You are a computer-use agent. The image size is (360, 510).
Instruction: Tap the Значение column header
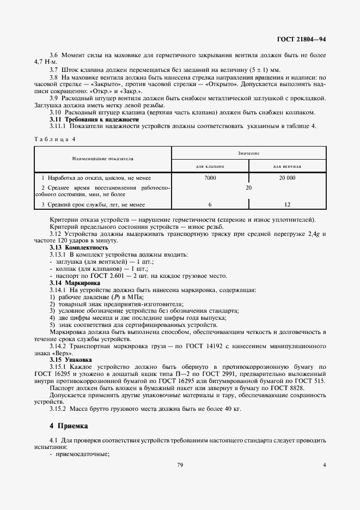(x=249, y=153)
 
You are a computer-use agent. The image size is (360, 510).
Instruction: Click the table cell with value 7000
(x=210, y=178)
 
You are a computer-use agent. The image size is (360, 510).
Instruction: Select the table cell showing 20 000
(x=288, y=178)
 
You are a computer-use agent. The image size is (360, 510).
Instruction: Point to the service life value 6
(x=210, y=204)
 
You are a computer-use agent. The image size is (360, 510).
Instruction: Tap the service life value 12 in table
(x=288, y=204)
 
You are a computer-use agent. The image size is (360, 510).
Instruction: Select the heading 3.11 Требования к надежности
(x=94, y=119)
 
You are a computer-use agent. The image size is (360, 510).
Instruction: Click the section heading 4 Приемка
(x=68, y=425)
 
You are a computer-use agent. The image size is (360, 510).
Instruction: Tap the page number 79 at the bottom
(x=180, y=465)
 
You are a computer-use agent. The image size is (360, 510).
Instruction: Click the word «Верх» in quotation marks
(x=66, y=353)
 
